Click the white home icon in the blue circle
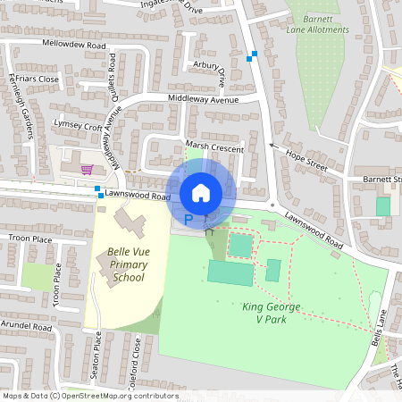tap(201, 192)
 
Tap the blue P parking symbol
tap(188, 218)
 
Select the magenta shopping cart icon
tap(87, 169)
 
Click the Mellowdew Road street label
tap(72, 43)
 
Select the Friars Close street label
tap(36, 79)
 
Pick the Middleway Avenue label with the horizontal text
tap(205, 100)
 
